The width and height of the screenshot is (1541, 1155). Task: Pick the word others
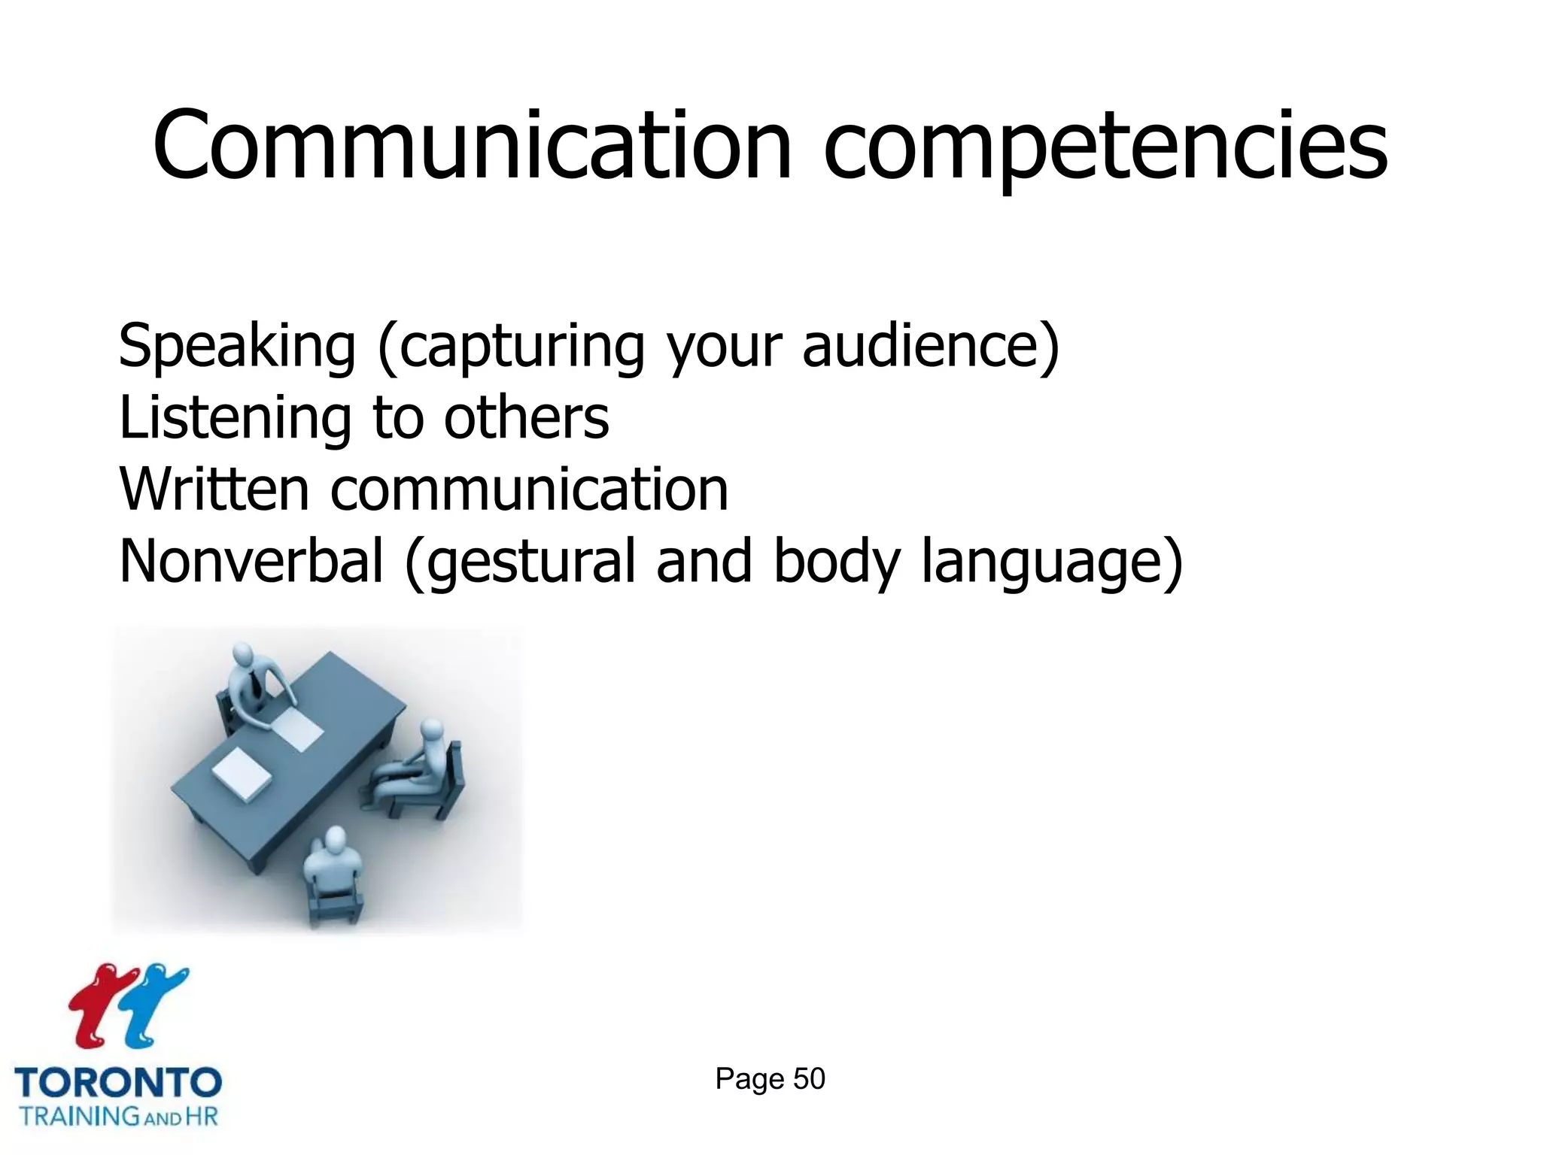click(526, 418)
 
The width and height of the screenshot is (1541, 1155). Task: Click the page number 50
click(809, 1079)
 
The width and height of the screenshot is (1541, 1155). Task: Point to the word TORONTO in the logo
click(118, 1083)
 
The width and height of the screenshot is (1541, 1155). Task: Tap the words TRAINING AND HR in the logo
click(118, 1116)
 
